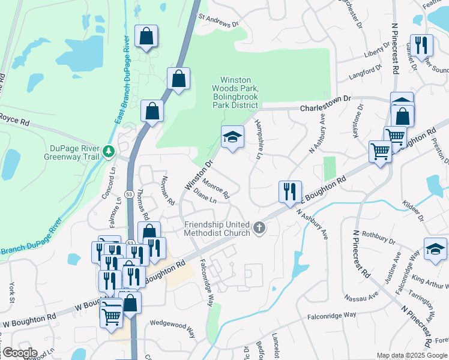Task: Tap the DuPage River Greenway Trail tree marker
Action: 109,150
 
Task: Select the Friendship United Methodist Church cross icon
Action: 259,227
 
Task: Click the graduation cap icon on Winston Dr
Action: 232,137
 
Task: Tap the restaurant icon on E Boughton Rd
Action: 291,191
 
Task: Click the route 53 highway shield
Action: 129,194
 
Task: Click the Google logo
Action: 19,353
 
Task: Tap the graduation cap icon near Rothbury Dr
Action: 435,249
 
